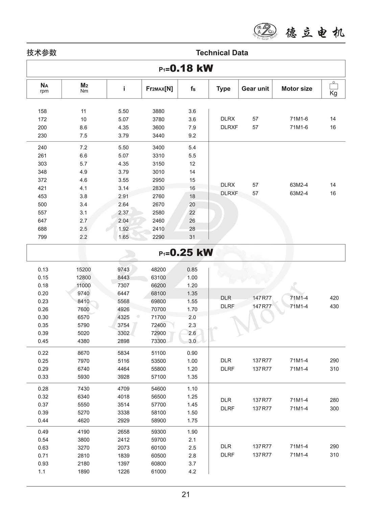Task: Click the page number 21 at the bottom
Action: (186, 494)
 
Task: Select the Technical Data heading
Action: (222, 53)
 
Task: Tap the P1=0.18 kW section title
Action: (186, 68)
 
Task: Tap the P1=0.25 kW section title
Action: (186, 252)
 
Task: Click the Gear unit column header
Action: (255, 89)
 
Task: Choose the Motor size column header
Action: (297, 89)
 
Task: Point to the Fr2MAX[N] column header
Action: (159, 89)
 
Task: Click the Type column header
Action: (223, 89)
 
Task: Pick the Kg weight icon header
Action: (333, 89)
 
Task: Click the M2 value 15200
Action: (84, 270)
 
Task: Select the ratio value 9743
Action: (123, 270)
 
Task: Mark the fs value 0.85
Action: (192, 270)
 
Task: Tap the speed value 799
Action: (42, 237)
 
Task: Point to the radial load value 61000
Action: (158, 472)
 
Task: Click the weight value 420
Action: (334, 298)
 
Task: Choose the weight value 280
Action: (334, 400)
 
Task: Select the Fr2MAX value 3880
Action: (158, 111)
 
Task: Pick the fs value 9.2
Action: (192, 136)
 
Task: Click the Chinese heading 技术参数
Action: (42, 53)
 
